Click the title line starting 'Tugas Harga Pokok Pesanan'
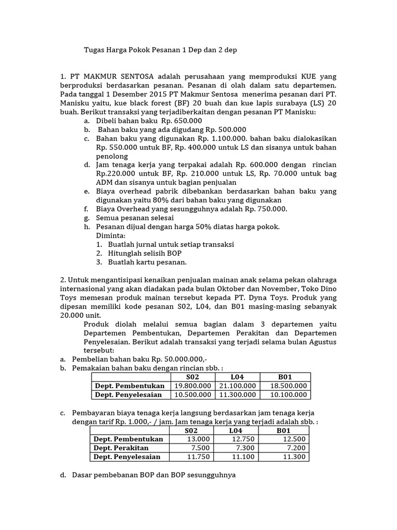[162, 50]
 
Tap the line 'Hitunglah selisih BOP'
[145, 254]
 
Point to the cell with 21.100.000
[236, 386]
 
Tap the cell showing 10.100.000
[285, 395]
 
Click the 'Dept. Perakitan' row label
[121, 448]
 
